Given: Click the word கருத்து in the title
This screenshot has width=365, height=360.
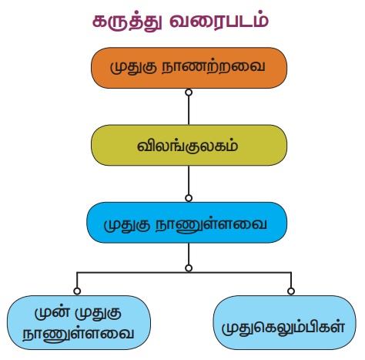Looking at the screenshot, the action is click(x=127, y=21).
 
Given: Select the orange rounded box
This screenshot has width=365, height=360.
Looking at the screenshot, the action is click(x=189, y=68).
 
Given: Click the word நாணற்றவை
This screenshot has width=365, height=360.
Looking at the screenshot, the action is click(x=213, y=67).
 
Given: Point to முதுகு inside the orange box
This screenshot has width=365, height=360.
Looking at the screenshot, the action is click(x=133, y=68).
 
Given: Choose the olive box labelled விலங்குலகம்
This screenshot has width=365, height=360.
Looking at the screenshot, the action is click(x=189, y=145).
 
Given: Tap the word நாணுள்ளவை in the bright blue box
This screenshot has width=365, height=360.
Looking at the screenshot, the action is click(x=212, y=224).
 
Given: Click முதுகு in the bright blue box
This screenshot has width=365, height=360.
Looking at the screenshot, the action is click(x=127, y=225).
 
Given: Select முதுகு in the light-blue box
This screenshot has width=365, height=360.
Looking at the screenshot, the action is click(x=98, y=314).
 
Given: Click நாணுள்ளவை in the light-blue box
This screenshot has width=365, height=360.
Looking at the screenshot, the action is click(x=79, y=334).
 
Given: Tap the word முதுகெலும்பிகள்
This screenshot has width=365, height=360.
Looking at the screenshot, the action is click(x=283, y=327).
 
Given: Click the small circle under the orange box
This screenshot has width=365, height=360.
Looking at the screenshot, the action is click(x=189, y=93).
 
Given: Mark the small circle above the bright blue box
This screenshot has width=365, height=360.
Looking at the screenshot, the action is click(x=189, y=198).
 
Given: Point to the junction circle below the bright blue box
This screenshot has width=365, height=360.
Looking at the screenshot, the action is click(x=189, y=268).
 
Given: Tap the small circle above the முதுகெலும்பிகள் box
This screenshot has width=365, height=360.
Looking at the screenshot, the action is click(x=291, y=291).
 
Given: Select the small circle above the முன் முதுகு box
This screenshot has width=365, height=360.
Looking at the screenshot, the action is click(x=77, y=291).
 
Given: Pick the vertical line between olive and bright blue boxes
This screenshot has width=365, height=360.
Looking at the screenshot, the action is click(x=189, y=180).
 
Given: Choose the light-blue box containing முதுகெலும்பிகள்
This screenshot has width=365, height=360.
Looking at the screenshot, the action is click(x=285, y=322).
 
